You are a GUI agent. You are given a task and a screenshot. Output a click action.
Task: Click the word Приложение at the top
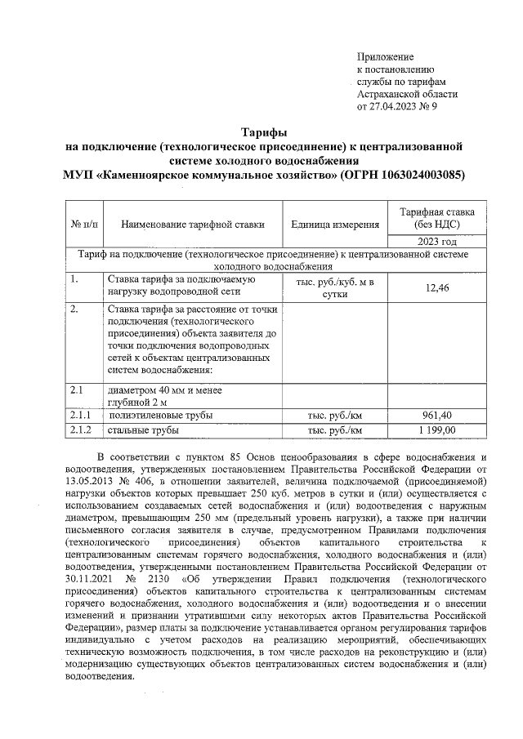point(386,57)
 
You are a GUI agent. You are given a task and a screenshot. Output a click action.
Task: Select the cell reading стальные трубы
point(143,430)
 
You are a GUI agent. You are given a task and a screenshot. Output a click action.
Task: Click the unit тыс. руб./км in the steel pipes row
point(335,430)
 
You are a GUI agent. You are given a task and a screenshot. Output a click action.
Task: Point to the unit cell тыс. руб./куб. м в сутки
point(335,287)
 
